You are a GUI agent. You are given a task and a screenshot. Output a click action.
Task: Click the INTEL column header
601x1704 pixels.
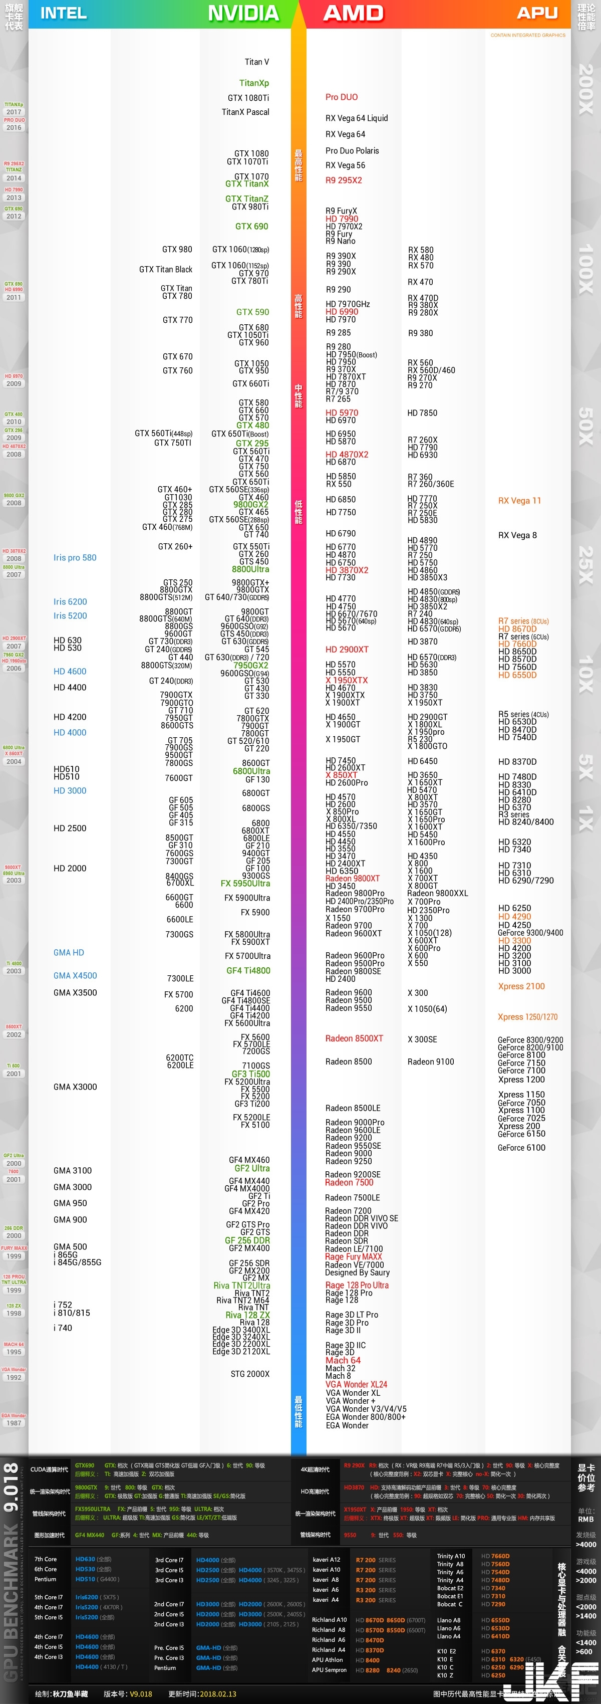coord(64,13)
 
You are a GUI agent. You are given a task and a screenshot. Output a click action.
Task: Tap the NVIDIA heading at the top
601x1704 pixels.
coord(243,13)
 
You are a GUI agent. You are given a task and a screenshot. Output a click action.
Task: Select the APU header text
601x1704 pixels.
coord(537,13)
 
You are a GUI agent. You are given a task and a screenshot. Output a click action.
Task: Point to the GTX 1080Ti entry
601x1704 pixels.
coord(248,98)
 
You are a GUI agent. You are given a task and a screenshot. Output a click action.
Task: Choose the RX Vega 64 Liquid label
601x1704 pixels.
coord(357,118)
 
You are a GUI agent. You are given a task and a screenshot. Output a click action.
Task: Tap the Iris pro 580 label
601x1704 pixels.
coord(75,558)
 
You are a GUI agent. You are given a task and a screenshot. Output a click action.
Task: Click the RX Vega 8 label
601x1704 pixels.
coord(517,535)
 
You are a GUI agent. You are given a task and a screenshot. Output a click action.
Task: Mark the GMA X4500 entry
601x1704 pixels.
coord(75,976)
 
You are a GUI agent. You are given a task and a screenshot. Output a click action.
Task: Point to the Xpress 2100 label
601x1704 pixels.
coord(521,986)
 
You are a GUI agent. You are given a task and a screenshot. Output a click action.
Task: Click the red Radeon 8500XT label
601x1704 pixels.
coord(354,1038)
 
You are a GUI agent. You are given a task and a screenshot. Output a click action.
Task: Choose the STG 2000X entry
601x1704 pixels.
coord(250,1374)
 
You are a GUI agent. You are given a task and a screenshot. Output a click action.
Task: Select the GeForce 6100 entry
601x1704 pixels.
coord(521,1148)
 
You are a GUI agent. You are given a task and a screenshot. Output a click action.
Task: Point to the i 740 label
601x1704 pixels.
coord(63,1328)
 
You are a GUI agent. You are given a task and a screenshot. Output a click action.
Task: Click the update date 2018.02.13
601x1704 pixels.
coord(219,1694)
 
